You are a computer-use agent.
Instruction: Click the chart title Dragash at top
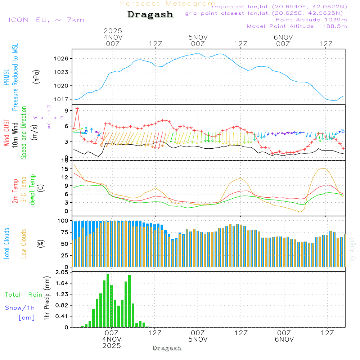pos(150,14)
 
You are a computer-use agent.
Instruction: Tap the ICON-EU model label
pos(46,20)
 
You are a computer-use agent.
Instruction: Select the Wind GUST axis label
pos(6,134)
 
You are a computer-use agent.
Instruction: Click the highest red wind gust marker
pos(77,108)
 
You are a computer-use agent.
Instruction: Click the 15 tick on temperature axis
pos(65,169)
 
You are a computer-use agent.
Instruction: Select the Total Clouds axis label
pos(6,244)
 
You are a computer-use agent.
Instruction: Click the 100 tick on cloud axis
pos(63,221)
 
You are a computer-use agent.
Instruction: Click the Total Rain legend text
pos(23,295)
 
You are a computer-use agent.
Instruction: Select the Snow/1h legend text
pos(20,308)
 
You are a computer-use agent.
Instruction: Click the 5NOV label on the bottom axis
pos(198,339)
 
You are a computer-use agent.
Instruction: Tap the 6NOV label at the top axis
pos(283,37)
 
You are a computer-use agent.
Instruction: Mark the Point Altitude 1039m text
pos(311,20)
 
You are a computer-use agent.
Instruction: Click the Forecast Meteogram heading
pos(168,4)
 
